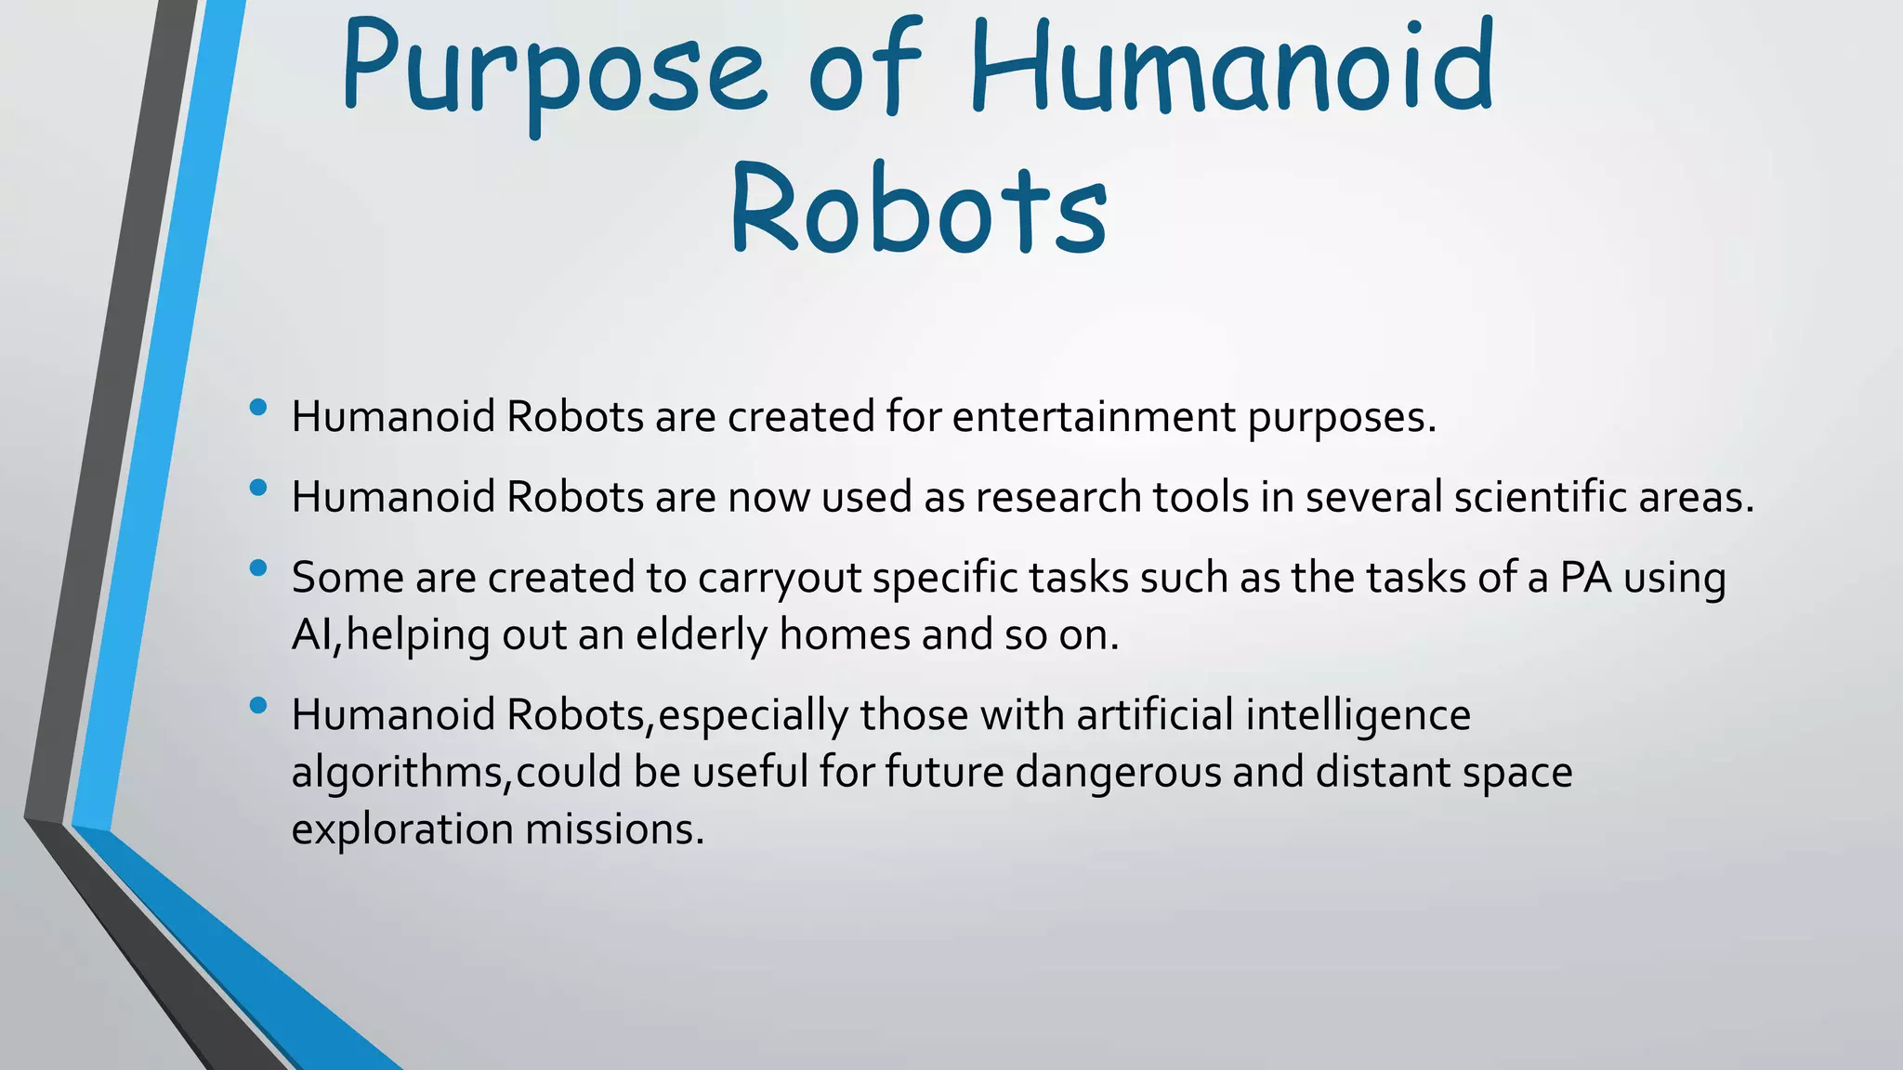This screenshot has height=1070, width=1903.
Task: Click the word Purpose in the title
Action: tap(552, 70)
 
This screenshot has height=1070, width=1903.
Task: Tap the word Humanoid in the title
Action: tap(1231, 65)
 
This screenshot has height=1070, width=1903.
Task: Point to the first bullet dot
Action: tap(258, 407)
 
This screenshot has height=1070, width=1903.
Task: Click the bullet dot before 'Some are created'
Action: tap(258, 568)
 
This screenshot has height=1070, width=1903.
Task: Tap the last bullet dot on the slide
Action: tap(258, 705)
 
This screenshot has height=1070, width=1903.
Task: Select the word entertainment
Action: tap(1094, 416)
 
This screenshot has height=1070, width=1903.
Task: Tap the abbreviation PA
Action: tap(1585, 578)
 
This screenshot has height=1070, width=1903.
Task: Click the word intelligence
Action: tap(1358, 715)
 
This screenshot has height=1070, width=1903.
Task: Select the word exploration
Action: tap(401, 829)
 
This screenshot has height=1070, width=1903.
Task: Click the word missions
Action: tap(614, 829)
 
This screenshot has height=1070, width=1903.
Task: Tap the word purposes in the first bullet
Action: tap(1341, 416)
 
